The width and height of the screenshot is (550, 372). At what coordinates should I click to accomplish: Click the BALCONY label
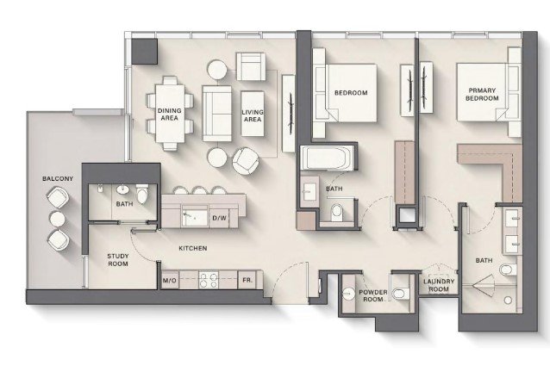pyautogui.click(x=58, y=178)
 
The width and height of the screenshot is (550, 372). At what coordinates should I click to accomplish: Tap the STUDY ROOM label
pyautogui.click(x=118, y=260)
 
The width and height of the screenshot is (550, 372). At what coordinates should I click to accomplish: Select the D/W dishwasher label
pyautogui.click(x=219, y=218)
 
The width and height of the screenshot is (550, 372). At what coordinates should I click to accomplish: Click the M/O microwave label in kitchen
pyautogui.click(x=170, y=281)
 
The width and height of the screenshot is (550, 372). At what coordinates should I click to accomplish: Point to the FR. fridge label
pyautogui.click(x=247, y=280)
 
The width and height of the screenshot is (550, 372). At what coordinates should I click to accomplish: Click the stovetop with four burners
pyautogui.click(x=209, y=280)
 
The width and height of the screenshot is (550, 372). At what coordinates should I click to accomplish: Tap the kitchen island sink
pyautogui.click(x=195, y=217)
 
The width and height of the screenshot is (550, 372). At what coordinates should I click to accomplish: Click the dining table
pyautogui.click(x=170, y=114)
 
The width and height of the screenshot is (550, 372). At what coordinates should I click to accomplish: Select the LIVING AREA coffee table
pyautogui.click(x=253, y=114)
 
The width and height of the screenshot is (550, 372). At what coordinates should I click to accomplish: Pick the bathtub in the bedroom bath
pyautogui.click(x=328, y=158)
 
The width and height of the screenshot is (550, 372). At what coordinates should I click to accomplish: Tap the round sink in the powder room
pyautogui.click(x=348, y=294)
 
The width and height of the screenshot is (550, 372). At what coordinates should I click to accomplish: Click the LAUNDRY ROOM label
pyautogui.click(x=439, y=285)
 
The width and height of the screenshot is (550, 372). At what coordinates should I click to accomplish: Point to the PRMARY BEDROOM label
pyautogui.click(x=482, y=95)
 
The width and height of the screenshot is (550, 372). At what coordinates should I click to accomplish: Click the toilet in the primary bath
pyautogui.click(x=507, y=270)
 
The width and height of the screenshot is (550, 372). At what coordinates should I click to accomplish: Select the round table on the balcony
pyautogui.click(x=57, y=220)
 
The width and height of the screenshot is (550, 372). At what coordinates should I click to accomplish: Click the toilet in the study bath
pyautogui.click(x=141, y=195)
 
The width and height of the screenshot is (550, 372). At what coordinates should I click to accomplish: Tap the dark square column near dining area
pyautogui.click(x=144, y=52)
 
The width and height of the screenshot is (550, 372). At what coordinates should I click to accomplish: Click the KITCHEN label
pyautogui.click(x=193, y=248)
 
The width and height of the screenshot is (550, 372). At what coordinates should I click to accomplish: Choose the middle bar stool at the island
pyautogui.click(x=199, y=190)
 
